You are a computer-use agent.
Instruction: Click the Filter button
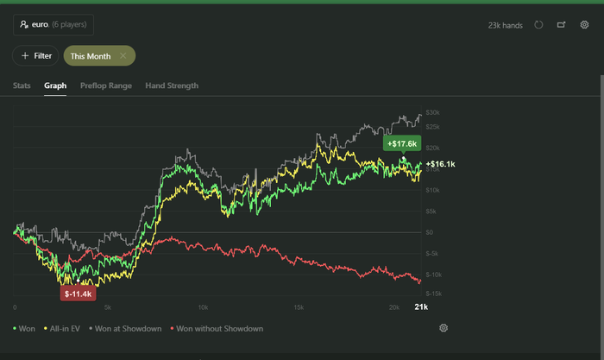coord(35,55)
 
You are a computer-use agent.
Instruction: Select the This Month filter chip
coord(91,55)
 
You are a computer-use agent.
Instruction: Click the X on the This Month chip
coord(123,55)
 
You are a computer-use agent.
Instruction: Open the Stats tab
coord(22,85)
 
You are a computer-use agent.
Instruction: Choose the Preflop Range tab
coord(106,85)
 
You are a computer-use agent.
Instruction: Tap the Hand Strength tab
coord(172,85)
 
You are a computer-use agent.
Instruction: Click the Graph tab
coord(55,85)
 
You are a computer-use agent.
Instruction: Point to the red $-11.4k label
coord(78,294)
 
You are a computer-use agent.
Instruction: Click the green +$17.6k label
coord(402,143)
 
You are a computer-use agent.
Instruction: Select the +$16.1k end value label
coord(440,164)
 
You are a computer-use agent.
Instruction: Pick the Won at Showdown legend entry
coord(128,328)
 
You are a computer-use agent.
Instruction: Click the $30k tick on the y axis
coord(433,112)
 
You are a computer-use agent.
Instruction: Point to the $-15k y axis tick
coord(433,294)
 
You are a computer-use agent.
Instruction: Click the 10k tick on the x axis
coord(202,307)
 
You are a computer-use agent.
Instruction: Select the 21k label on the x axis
coord(421,307)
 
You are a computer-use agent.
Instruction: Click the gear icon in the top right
coord(584,25)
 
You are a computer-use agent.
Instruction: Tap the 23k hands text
coord(506,25)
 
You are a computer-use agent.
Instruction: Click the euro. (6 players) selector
coord(53,25)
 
